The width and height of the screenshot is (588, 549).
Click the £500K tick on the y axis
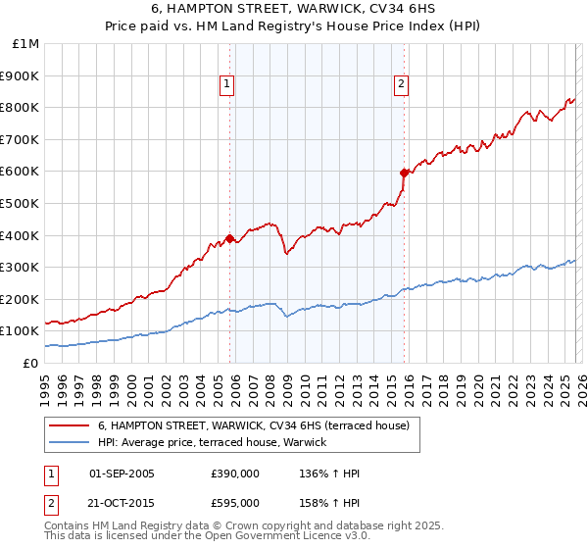[21, 203]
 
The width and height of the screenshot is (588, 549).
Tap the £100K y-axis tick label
[21, 331]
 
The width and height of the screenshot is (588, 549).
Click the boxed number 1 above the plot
[226, 84]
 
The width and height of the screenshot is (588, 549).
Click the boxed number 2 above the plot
[402, 84]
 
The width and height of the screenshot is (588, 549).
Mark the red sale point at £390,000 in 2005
[229, 238]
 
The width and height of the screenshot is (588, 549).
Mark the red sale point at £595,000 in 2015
[404, 172]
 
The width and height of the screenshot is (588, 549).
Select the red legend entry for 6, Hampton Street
[259, 426]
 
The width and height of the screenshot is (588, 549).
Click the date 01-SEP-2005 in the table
[122, 474]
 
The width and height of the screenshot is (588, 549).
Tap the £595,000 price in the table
[234, 502]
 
